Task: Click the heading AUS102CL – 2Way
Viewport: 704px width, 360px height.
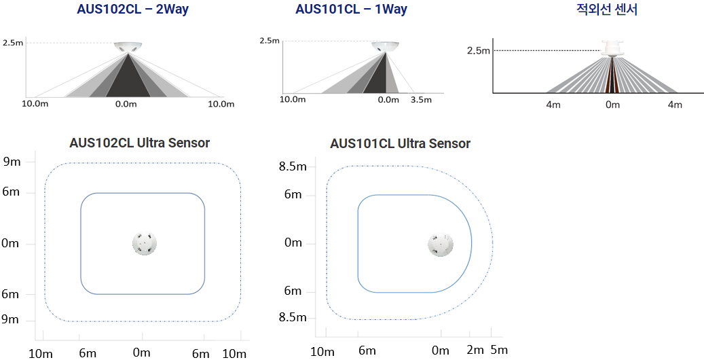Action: click(x=132, y=9)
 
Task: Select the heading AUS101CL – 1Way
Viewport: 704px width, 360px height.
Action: click(x=351, y=9)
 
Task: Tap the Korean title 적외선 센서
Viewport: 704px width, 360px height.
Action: click(x=606, y=9)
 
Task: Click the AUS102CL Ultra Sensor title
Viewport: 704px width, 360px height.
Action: click(x=139, y=143)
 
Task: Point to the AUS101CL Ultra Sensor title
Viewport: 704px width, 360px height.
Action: click(x=400, y=143)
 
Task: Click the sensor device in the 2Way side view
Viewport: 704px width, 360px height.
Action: click(x=128, y=47)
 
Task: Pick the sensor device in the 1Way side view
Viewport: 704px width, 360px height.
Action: click(x=385, y=46)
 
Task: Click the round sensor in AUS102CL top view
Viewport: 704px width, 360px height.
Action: click(x=145, y=244)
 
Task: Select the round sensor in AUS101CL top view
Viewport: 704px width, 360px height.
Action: click(x=440, y=245)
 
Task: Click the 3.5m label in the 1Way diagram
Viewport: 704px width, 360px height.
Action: click(x=421, y=100)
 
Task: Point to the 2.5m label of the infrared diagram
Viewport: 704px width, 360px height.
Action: click(x=478, y=50)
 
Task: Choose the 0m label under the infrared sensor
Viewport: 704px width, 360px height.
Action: click(x=612, y=105)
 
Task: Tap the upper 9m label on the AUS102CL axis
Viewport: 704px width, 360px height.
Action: click(x=12, y=162)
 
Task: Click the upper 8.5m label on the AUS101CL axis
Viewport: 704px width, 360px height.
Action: click(x=293, y=166)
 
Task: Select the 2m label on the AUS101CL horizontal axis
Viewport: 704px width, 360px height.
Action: click(x=475, y=350)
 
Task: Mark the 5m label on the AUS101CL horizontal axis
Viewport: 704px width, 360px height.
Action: click(x=499, y=350)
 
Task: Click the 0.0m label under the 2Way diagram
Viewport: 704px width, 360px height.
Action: click(x=126, y=105)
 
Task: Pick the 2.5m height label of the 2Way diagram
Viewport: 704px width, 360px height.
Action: click(x=13, y=43)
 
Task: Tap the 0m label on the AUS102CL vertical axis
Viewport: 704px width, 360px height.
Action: click(x=10, y=244)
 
